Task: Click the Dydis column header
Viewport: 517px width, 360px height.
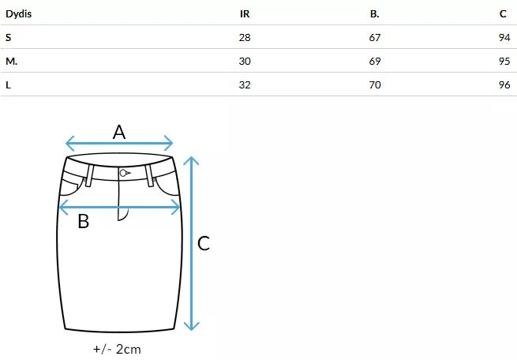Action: pyautogui.click(x=19, y=14)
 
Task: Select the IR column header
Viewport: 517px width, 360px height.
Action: pyautogui.click(x=245, y=14)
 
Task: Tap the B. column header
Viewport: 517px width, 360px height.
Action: pyautogui.click(x=374, y=14)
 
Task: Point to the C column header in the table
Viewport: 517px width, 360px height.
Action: pyautogui.click(x=504, y=14)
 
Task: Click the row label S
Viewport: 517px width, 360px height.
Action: pyautogui.click(x=8, y=37)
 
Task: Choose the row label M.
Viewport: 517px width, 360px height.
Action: pyautogui.click(x=11, y=61)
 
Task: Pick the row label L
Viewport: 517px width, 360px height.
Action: pyautogui.click(x=8, y=84)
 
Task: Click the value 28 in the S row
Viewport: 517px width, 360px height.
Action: pyautogui.click(x=245, y=37)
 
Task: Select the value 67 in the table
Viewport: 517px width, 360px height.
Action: pyautogui.click(x=375, y=37)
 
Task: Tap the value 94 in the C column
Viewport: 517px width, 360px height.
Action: pyautogui.click(x=504, y=37)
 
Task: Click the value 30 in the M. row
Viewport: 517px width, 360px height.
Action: pyautogui.click(x=245, y=61)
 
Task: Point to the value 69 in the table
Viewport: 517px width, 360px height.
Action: pyautogui.click(x=375, y=61)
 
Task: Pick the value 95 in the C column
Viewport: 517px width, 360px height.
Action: pyautogui.click(x=504, y=61)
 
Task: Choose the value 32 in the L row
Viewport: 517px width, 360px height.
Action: pyautogui.click(x=245, y=84)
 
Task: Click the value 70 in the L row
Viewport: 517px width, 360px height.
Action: pyautogui.click(x=375, y=84)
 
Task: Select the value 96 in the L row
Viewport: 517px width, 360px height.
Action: pyautogui.click(x=504, y=84)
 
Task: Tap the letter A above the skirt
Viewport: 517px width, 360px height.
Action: pyautogui.click(x=119, y=132)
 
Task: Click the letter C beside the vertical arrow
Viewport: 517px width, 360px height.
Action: pyautogui.click(x=204, y=244)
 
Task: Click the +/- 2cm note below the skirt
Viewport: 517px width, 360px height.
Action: pyautogui.click(x=117, y=348)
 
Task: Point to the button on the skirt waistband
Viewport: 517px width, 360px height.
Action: pyautogui.click(x=123, y=173)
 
